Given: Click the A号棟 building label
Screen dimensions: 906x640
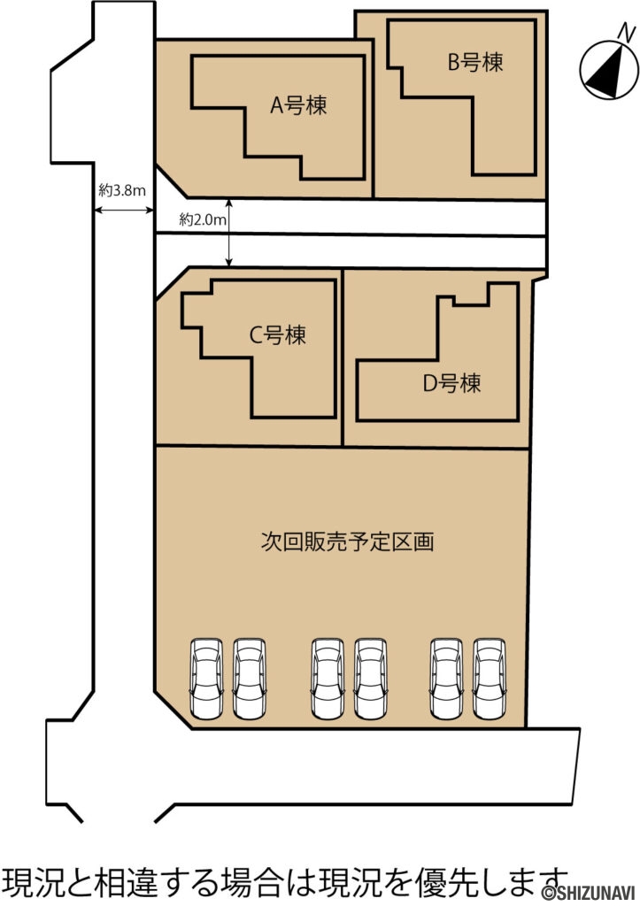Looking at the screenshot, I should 298,106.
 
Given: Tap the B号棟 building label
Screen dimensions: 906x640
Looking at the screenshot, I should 474,63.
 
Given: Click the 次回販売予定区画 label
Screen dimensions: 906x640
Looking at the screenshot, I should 347,541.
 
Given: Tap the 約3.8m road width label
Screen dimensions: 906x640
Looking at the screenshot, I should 122,189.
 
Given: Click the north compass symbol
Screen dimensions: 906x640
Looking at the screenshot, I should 606,71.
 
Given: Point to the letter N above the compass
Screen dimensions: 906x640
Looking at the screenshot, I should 626,33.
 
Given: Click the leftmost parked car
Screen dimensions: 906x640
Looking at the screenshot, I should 208,678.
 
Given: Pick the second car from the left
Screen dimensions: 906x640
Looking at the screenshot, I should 250,678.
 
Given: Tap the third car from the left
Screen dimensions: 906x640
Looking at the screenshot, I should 328,678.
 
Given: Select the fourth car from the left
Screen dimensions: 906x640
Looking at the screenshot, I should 371,678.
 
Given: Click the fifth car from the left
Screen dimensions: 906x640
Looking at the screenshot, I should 448,678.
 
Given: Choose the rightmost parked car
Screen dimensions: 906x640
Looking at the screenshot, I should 490,678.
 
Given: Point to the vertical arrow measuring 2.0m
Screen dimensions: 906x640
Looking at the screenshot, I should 230,232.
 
